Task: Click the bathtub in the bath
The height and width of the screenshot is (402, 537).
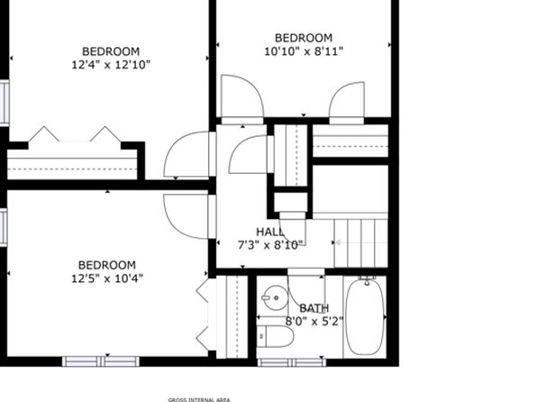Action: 365,317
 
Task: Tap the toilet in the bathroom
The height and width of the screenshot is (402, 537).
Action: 276,336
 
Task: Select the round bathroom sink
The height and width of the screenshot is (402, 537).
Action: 275,297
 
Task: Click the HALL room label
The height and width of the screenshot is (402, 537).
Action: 270,232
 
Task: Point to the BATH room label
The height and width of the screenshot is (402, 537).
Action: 314,308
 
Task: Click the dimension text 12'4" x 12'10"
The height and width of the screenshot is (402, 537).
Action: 111,64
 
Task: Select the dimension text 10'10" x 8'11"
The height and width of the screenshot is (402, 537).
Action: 304,51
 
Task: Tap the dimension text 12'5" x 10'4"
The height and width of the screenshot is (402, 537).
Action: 107,278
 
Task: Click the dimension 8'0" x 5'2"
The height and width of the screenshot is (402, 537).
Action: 314,322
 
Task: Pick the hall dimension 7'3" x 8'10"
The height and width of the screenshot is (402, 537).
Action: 270,245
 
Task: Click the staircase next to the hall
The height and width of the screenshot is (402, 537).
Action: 360,243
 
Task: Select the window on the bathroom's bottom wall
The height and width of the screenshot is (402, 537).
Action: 291,362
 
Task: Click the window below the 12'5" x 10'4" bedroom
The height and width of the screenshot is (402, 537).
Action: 101,361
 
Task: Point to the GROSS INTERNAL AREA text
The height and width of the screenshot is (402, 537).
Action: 199,399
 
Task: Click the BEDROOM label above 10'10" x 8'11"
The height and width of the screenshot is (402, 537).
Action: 304,38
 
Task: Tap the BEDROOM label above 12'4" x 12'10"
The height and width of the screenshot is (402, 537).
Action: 111,51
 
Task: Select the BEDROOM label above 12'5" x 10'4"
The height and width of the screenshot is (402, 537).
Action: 107,265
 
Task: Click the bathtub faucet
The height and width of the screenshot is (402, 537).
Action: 367,280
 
